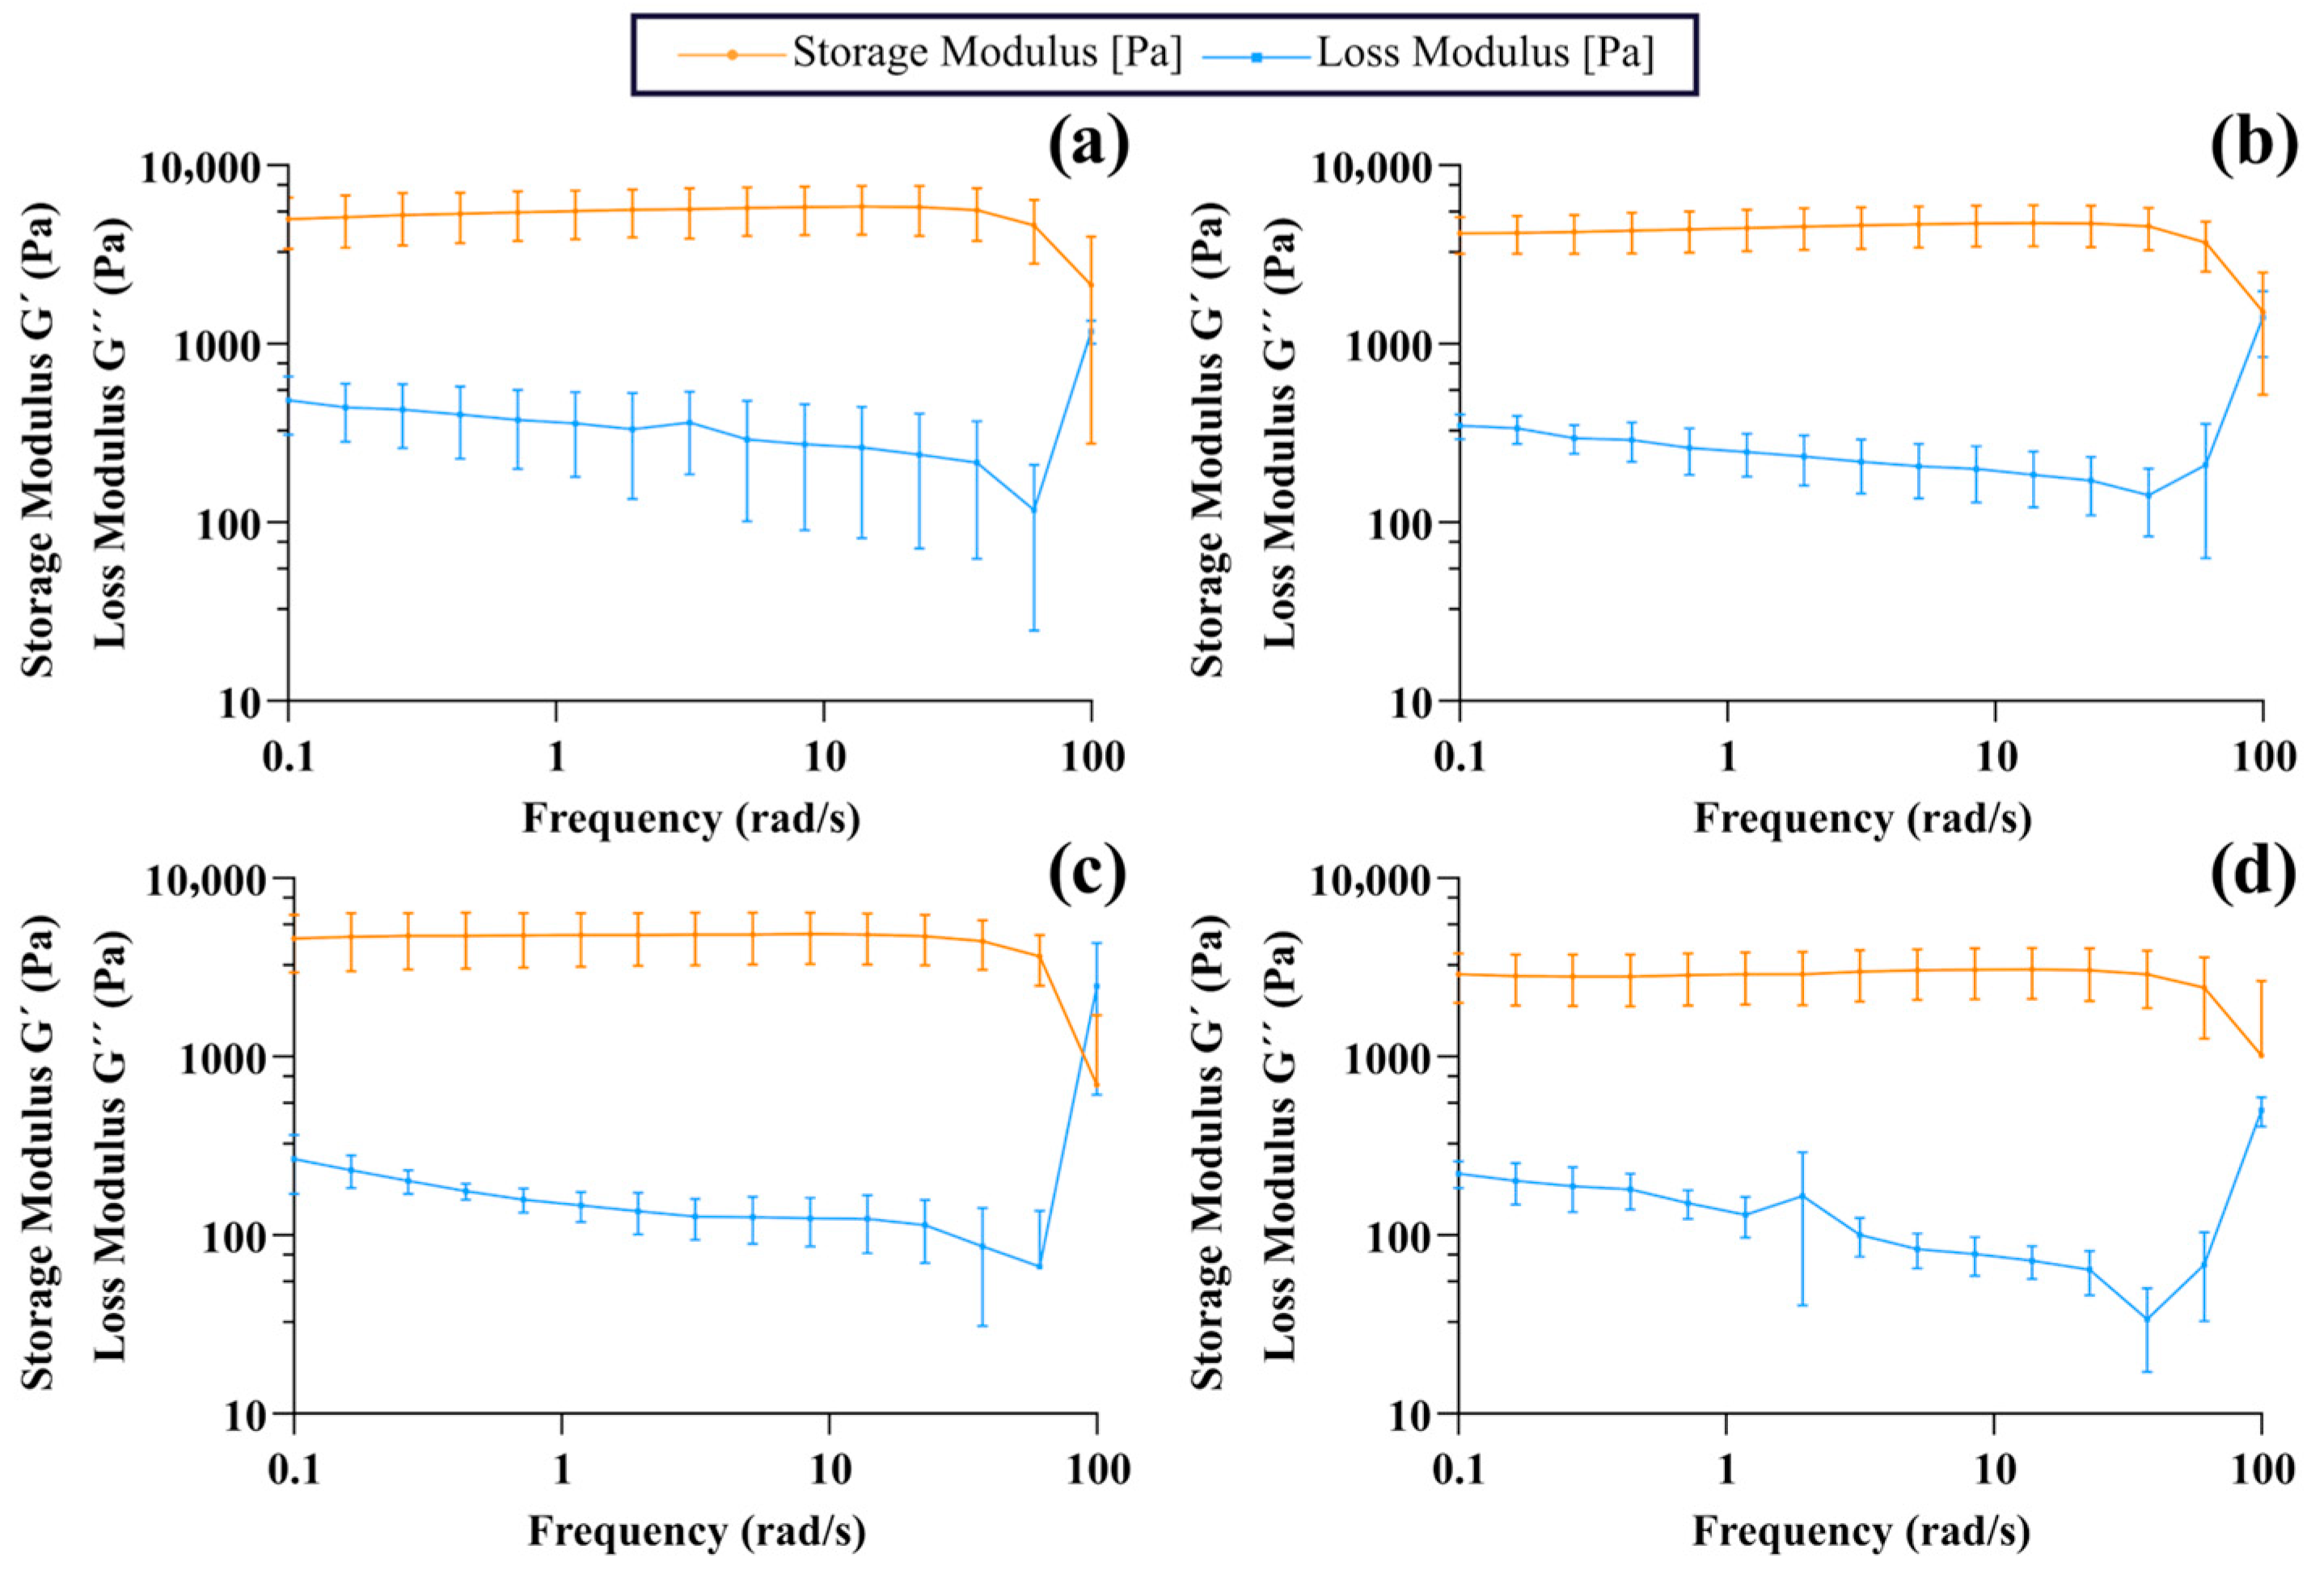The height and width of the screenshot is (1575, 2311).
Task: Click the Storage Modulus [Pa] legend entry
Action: pyautogui.click(x=930, y=53)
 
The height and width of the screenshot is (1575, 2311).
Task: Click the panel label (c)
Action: pyautogui.click(x=1088, y=872)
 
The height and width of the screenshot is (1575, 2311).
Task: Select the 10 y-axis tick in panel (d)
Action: pyautogui.click(x=1412, y=1414)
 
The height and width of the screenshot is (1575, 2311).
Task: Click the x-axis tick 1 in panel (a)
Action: pyautogui.click(x=556, y=758)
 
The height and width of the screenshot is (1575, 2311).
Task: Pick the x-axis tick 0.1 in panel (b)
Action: pyautogui.click(x=1459, y=758)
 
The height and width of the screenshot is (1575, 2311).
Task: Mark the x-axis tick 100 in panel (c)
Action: pyautogui.click(x=1096, y=1471)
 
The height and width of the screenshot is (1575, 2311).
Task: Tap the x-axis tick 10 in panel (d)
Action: pyautogui.click(x=1994, y=1471)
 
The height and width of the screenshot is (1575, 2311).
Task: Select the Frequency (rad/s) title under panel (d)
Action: pyautogui.click(x=1861, y=1531)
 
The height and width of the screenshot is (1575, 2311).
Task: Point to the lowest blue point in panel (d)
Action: pyautogui.click(x=2147, y=1320)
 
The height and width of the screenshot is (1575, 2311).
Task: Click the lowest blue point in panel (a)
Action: pyautogui.click(x=1034, y=510)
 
